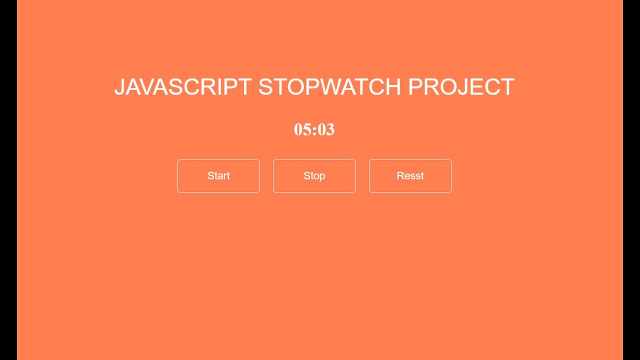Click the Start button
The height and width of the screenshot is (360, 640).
click(x=218, y=176)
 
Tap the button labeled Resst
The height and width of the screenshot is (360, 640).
click(x=410, y=176)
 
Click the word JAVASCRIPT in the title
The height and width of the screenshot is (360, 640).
click(x=182, y=87)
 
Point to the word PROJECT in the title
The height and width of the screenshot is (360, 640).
click(x=461, y=87)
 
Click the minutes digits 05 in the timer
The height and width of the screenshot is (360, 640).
click(x=302, y=129)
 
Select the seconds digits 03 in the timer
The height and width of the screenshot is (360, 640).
click(x=326, y=129)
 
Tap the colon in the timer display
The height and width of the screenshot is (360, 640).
click(x=314, y=130)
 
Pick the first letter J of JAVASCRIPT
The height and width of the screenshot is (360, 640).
click(x=119, y=87)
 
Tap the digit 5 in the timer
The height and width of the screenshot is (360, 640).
click(x=306, y=129)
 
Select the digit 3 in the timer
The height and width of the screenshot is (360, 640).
click(x=330, y=129)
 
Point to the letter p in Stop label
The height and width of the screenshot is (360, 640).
click(x=322, y=176)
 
